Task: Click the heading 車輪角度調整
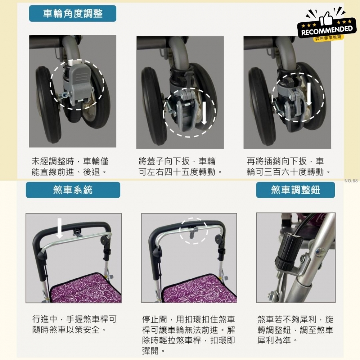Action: (x=72, y=14)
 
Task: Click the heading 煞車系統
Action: (x=73, y=190)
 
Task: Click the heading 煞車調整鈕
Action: (x=295, y=190)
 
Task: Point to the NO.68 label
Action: (x=351, y=181)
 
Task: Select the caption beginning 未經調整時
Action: (x=69, y=167)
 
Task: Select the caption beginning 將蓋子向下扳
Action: (x=180, y=167)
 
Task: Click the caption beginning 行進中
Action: (x=75, y=324)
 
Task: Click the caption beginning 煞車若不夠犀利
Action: (x=295, y=329)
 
